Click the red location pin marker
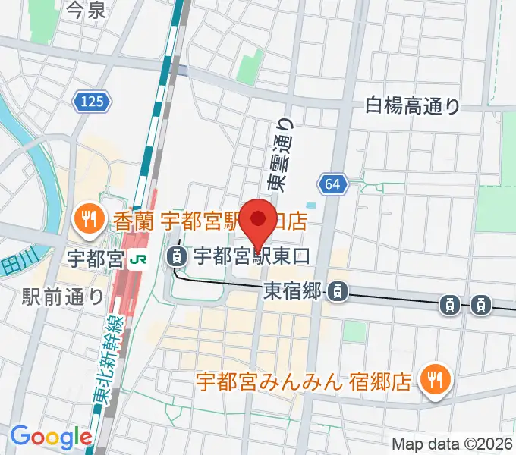[x=260, y=220]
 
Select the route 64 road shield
[x=334, y=184]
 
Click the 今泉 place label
[x=86, y=10]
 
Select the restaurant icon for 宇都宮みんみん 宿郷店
[x=436, y=378]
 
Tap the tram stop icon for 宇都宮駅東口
[x=177, y=256]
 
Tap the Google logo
[x=51, y=436]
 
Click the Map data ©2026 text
[x=452, y=444]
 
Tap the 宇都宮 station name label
[x=94, y=258]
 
